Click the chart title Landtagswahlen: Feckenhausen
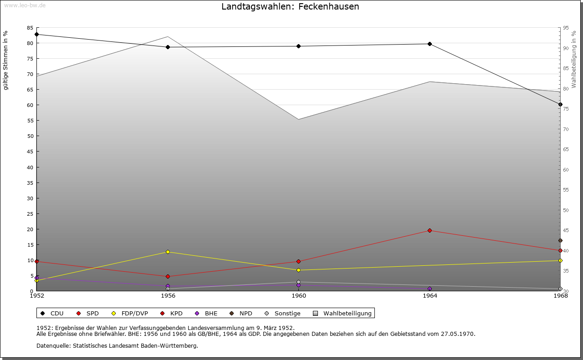point(290,7)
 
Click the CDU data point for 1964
point(430,44)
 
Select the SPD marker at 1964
point(430,230)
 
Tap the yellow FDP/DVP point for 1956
point(168,252)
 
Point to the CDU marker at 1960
point(298,46)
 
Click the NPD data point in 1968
point(560,240)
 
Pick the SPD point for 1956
point(168,276)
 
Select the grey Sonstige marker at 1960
point(298,282)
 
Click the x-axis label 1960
point(299,296)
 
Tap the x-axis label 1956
point(168,296)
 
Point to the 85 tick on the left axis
point(30,28)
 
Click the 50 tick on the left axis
point(30,136)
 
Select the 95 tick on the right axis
point(566,28)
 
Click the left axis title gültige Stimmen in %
point(6,60)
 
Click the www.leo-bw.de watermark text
point(24,5)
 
